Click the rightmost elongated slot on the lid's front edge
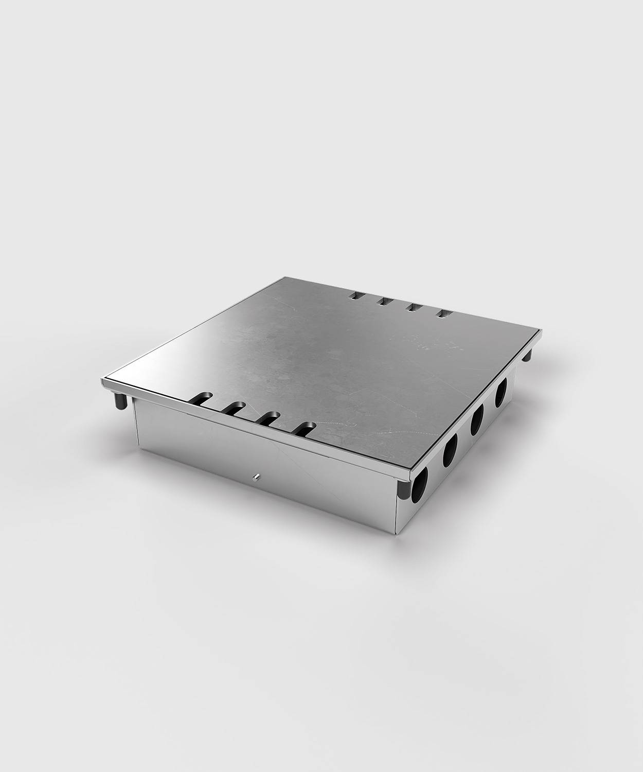[305, 428]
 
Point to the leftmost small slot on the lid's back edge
[355, 296]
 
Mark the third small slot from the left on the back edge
[413, 308]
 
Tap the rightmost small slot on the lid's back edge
[442, 313]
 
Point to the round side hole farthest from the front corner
[501, 393]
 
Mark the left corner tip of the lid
[102, 382]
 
